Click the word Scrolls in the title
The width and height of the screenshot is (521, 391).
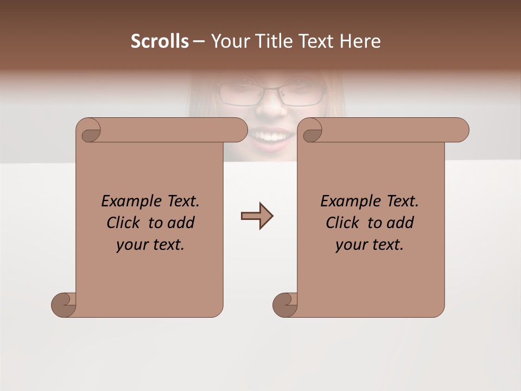point(160,41)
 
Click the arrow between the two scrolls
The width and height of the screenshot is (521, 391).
point(257,216)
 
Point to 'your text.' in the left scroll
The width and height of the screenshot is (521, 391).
point(150,244)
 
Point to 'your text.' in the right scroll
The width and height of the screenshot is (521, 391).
point(369,244)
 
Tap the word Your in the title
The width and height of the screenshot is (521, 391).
point(229,41)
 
